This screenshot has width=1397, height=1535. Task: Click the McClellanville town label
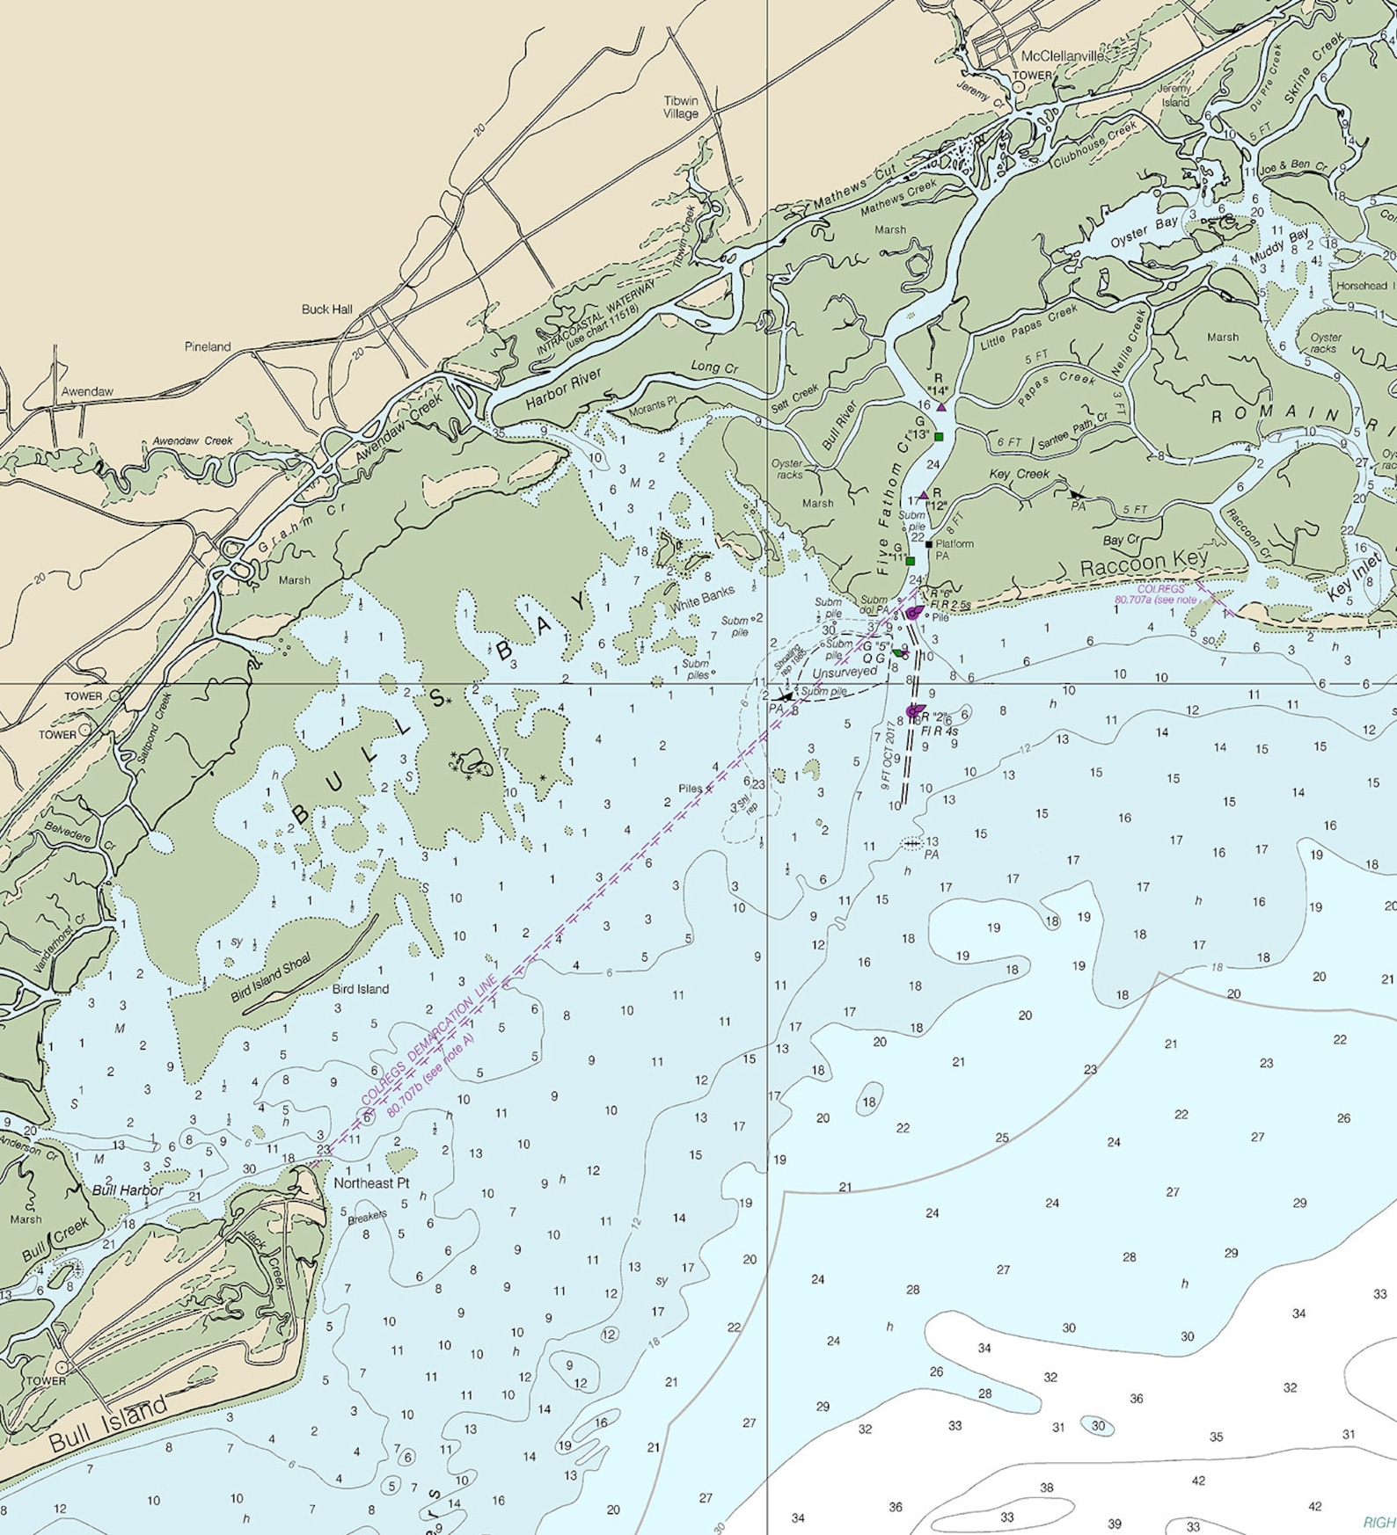pyautogui.click(x=1063, y=56)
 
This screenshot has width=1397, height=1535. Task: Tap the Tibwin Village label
pyautogui.click(x=681, y=107)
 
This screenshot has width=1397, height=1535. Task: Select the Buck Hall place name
pyautogui.click(x=326, y=309)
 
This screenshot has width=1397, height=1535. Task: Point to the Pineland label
pyautogui.click(x=208, y=346)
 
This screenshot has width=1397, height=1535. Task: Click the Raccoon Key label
pyautogui.click(x=1144, y=563)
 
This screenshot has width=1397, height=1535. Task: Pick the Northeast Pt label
pyautogui.click(x=371, y=1183)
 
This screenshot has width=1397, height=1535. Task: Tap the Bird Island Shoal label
pyautogui.click(x=270, y=978)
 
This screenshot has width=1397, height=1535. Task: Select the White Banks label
pyautogui.click(x=703, y=600)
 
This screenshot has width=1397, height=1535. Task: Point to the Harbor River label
pyautogui.click(x=564, y=389)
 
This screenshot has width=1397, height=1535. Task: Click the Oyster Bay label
pyautogui.click(x=1143, y=233)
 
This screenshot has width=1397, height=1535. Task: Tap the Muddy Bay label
pyautogui.click(x=1280, y=248)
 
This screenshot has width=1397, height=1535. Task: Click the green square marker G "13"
pyautogui.click(x=939, y=437)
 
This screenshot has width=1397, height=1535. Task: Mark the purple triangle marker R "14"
pyautogui.click(x=941, y=407)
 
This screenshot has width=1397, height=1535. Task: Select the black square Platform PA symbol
pyautogui.click(x=929, y=544)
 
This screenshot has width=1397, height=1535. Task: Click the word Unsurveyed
pyautogui.click(x=845, y=672)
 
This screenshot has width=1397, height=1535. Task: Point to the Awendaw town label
pyautogui.click(x=87, y=391)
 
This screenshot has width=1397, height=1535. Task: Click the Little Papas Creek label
pyautogui.click(x=1028, y=327)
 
